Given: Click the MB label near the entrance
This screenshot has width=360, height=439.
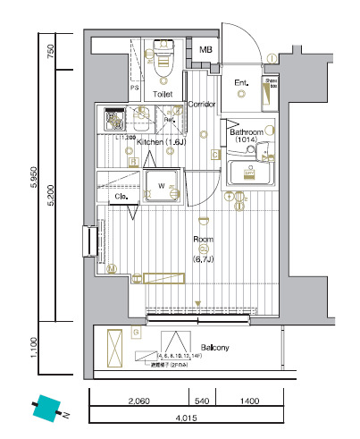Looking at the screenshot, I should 206,51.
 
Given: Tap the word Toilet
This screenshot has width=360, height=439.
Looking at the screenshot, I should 163,93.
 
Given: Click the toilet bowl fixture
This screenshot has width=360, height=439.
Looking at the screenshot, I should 163,59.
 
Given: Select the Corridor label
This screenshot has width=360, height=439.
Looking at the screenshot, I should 202,105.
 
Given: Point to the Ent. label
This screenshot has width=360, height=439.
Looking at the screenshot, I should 241,84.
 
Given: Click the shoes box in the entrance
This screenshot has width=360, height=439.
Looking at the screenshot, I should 269,92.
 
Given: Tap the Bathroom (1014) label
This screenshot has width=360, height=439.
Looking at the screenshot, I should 247,135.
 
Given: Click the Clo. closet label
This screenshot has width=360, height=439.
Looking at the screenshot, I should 122,196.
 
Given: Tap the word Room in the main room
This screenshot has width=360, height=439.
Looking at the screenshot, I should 203,239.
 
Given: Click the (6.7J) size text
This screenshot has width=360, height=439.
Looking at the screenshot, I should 203,259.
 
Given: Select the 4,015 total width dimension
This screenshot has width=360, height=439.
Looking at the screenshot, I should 186,418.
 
